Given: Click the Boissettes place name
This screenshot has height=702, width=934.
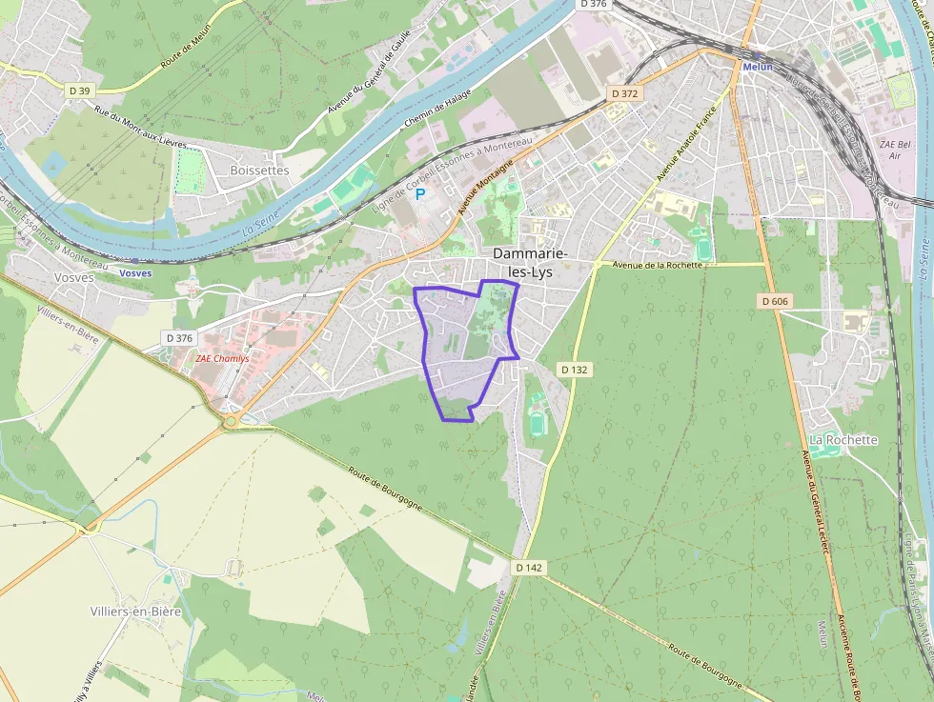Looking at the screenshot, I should click(x=259, y=170).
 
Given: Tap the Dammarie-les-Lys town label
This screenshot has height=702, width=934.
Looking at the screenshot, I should click(x=531, y=262).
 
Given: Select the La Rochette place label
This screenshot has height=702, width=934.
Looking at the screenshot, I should click(x=843, y=440).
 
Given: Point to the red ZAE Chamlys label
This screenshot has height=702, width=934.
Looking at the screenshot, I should click(x=222, y=359).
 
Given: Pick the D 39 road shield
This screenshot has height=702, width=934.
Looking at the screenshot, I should click(x=80, y=90).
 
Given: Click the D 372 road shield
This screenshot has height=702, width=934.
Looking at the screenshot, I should click(x=624, y=93).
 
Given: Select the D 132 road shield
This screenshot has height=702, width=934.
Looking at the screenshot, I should click(x=574, y=369).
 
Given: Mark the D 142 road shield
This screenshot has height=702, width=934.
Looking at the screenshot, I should click(x=529, y=567).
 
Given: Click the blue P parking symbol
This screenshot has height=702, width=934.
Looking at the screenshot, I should click(x=419, y=194).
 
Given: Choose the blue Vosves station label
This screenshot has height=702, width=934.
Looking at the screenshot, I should click(x=135, y=273).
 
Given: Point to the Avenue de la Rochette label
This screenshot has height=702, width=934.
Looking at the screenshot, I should click(x=658, y=265).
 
